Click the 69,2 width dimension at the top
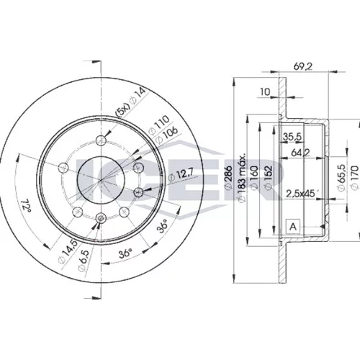tap(303, 66)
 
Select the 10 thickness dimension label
tap(265, 92)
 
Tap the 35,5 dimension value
tap(292, 137)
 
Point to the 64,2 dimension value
tap(300, 152)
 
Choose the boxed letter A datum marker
tap(293, 226)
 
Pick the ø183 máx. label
tap(243, 176)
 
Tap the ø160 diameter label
tap(254, 177)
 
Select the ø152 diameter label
tap(269, 177)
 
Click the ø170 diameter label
tap(355, 178)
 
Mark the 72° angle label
tap(26, 205)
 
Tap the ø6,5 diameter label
tap(84, 261)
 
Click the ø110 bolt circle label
tap(159, 125)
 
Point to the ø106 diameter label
tap(166, 135)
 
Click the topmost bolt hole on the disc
tap(101, 140)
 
